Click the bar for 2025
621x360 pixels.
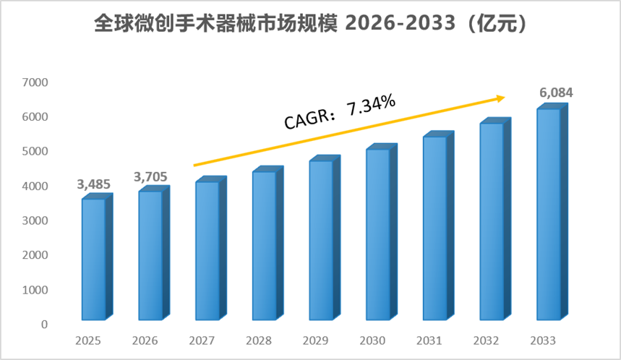pos(98,257)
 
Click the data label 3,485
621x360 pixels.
pos(93,184)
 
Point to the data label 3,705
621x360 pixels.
pos(150,176)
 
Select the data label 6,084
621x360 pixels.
pos(556,93)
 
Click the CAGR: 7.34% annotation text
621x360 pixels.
pos(340,112)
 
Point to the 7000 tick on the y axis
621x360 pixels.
pos(35,82)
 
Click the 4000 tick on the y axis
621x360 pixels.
pos(35,186)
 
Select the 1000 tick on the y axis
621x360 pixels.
pos(35,290)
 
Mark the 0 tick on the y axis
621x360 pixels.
pos(44,325)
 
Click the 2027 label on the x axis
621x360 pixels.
pos(202,340)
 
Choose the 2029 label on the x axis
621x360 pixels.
pos(315,340)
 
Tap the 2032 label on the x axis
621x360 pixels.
pos(486,340)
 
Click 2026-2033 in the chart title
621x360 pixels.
pos(401,24)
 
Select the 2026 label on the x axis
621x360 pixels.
pos(145,340)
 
